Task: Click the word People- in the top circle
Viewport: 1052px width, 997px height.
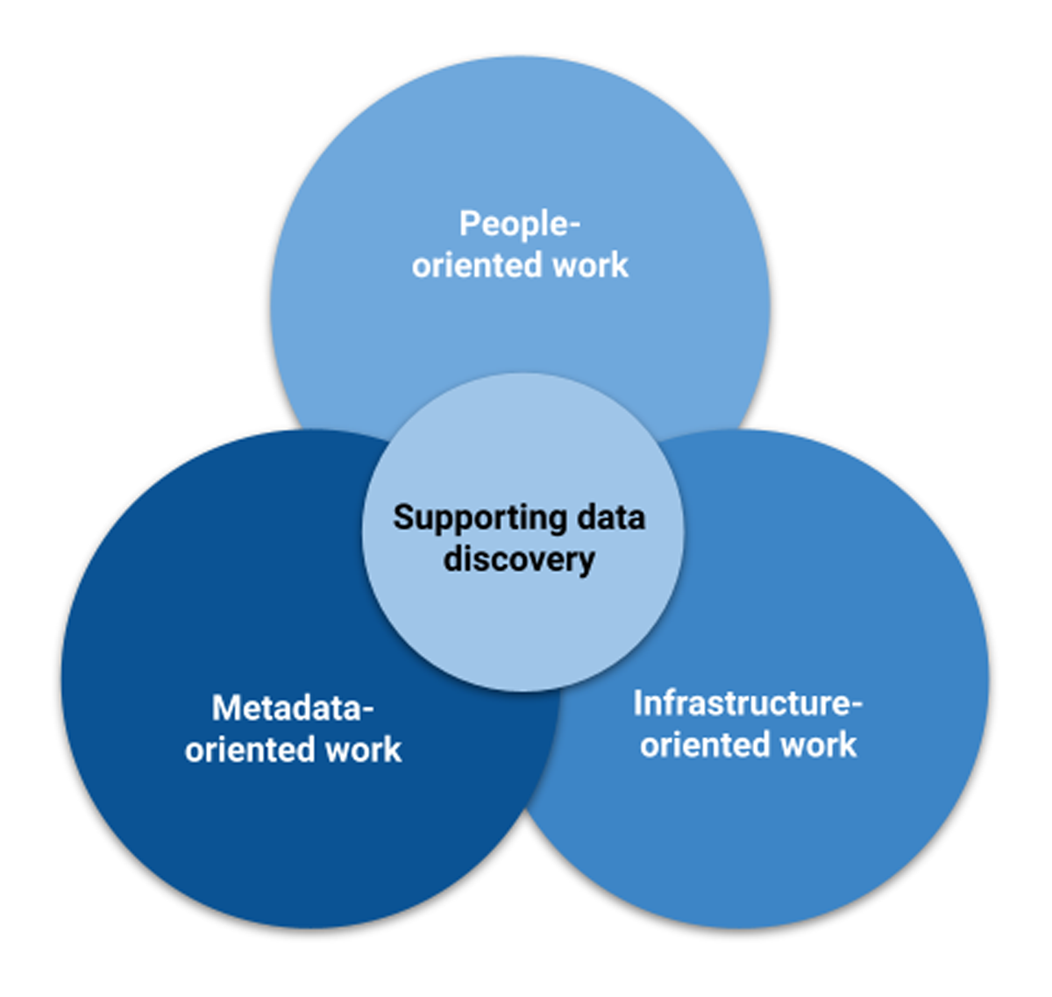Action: pos(519,224)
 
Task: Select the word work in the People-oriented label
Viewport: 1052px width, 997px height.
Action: pos(590,265)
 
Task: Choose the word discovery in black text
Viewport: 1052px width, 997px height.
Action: pos(519,560)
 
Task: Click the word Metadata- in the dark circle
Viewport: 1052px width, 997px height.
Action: pos(293,708)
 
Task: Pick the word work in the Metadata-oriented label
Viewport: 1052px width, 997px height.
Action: pos(363,749)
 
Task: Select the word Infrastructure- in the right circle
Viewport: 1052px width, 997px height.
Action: pos(748,703)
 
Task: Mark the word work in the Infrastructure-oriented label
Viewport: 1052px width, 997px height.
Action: pos(819,744)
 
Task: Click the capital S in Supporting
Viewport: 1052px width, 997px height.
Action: pos(404,517)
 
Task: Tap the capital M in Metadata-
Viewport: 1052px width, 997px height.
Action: pos(226,708)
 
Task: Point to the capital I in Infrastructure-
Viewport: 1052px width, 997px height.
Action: pos(638,703)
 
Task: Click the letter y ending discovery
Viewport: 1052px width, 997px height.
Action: pos(586,565)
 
